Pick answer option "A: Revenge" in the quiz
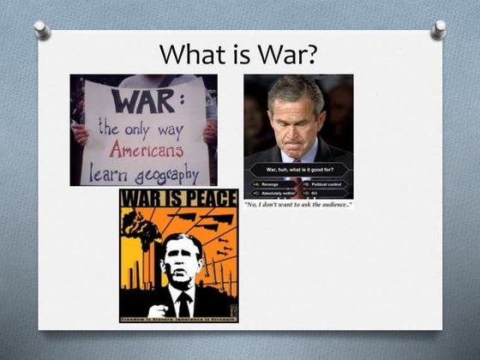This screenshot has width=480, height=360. pos(268,184)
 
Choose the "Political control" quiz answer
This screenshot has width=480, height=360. pos(326,184)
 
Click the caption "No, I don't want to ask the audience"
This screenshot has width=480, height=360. pos(298,205)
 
